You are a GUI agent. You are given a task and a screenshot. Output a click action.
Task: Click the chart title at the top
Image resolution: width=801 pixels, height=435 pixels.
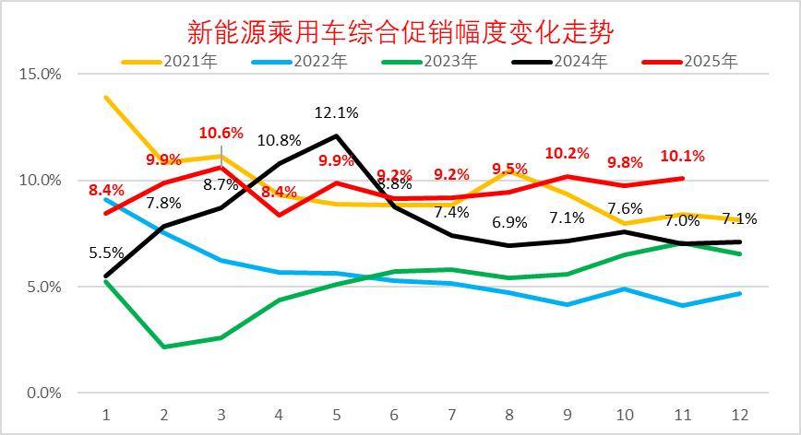tap(400, 32)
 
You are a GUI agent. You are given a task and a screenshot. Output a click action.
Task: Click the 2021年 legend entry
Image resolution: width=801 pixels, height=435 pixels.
tap(176, 62)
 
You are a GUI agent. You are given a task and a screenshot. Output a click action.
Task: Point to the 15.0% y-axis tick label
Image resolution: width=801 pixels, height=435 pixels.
tap(41, 74)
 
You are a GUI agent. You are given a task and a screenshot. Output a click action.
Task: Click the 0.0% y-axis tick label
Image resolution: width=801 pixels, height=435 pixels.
tap(43, 394)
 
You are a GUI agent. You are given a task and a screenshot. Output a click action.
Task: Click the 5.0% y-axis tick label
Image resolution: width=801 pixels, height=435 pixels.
tap(43, 287)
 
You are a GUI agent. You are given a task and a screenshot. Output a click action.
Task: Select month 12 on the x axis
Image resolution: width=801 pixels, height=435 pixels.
tap(740, 414)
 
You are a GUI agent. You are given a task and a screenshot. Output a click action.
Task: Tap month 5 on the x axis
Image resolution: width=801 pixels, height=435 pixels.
tap(337, 414)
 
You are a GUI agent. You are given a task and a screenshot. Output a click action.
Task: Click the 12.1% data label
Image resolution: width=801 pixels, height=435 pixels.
tap(337, 112)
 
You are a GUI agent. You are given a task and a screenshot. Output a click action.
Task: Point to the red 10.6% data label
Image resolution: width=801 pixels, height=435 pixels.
tap(221, 133)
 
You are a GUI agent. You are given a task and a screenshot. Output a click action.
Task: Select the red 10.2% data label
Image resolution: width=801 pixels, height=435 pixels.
tap(566, 153)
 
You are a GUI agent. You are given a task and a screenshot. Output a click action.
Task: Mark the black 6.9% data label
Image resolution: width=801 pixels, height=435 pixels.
tap(508, 222)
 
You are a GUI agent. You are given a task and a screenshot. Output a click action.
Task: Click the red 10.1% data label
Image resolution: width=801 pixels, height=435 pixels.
tap(684, 155)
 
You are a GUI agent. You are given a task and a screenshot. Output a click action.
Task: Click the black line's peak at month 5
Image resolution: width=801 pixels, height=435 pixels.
tap(337, 135)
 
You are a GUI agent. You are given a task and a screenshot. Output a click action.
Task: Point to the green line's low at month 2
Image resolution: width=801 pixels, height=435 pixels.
tap(163, 347)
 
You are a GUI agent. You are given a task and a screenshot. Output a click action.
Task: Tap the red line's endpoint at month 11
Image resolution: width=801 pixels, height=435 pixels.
tap(683, 178)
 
